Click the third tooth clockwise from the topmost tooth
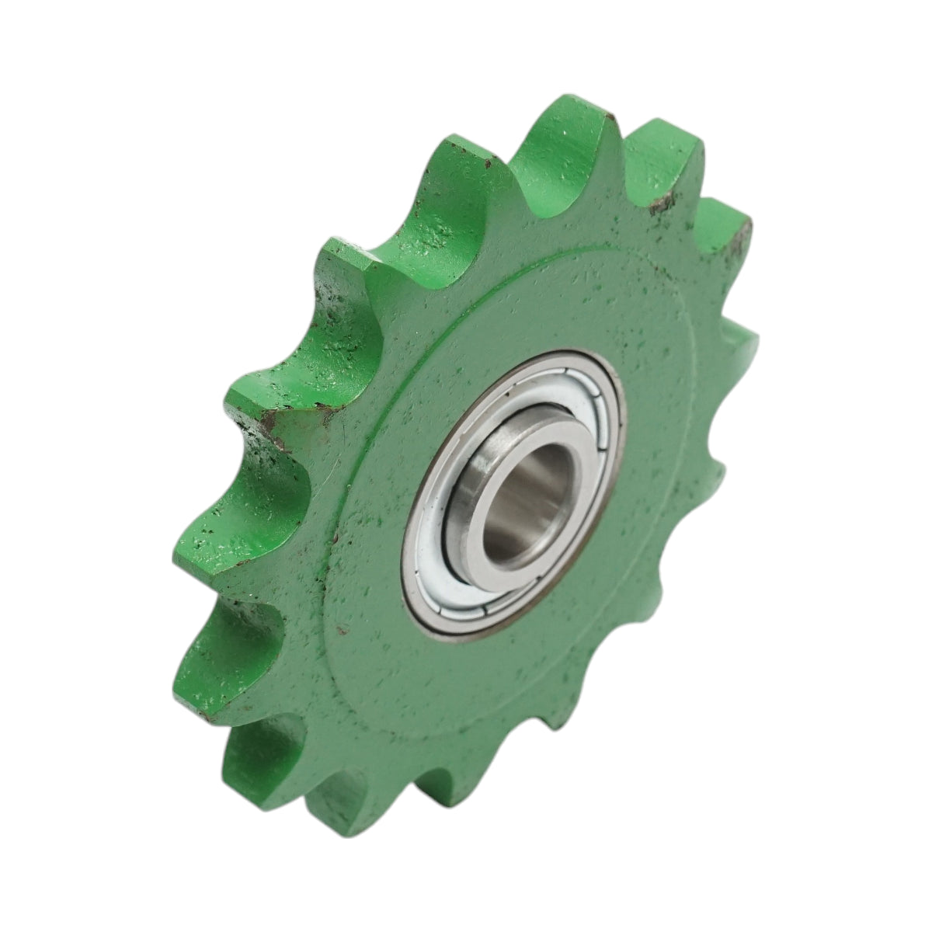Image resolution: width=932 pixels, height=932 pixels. [742, 342]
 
